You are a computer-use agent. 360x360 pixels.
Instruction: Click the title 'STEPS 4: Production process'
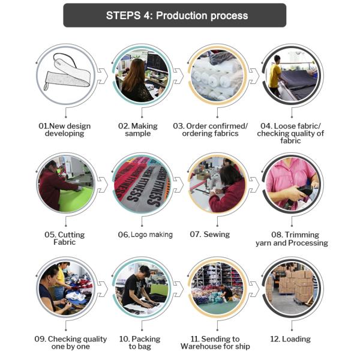[x=177, y=16]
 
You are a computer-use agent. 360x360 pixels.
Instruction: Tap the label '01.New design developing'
[x=65, y=130]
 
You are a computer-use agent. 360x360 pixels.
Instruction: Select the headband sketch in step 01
[x=67, y=73]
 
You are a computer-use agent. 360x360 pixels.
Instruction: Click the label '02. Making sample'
[x=138, y=130]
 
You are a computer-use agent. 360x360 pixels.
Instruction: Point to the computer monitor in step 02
[x=157, y=62]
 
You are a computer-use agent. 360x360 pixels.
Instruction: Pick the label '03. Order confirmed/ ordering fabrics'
[x=211, y=130]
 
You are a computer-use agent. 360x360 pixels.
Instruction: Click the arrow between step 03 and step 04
[x=254, y=76]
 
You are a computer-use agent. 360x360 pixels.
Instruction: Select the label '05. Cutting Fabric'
[x=65, y=238]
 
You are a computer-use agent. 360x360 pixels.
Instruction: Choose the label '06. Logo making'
[x=145, y=235]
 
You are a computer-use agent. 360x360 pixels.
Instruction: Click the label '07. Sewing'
[x=210, y=235]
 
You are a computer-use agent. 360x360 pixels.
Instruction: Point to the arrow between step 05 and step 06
[x=103, y=185]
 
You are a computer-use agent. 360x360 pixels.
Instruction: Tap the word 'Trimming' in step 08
[x=302, y=235]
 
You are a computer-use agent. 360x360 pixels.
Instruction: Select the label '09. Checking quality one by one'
[x=70, y=343]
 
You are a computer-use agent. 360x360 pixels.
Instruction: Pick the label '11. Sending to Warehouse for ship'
[x=215, y=343]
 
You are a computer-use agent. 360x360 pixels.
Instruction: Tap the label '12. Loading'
[x=290, y=339]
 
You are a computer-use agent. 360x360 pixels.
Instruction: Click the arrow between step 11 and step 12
[x=254, y=289]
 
